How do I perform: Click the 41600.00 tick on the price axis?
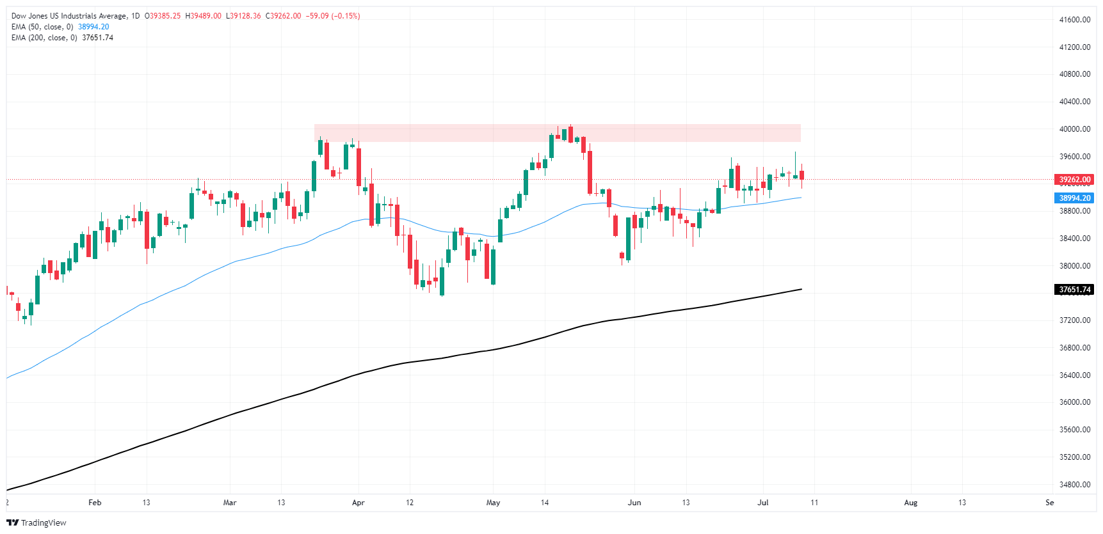[x=1074, y=20]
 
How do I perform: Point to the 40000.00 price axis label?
[x=1074, y=129]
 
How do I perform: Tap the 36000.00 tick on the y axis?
[x=1074, y=402]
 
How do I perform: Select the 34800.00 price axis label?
[x=1074, y=485]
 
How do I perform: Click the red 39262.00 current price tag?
[x=1074, y=180]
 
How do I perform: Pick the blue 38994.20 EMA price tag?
[x=1074, y=198]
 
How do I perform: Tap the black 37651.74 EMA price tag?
[x=1074, y=290]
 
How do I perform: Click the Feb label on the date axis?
[x=95, y=503]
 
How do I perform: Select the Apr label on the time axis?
[x=358, y=503]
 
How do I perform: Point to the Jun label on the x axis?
[x=634, y=503]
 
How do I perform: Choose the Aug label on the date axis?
[x=910, y=503]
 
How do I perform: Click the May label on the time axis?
[x=493, y=503]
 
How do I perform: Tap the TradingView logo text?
[x=43, y=523]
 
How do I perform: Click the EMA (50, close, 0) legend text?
[x=42, y=27]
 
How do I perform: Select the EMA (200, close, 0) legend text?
[x=44, y=38]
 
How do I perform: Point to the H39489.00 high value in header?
[x=203, y=16]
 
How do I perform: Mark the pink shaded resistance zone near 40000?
[x=557, y=133]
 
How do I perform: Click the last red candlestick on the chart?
[x=801, y=175]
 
